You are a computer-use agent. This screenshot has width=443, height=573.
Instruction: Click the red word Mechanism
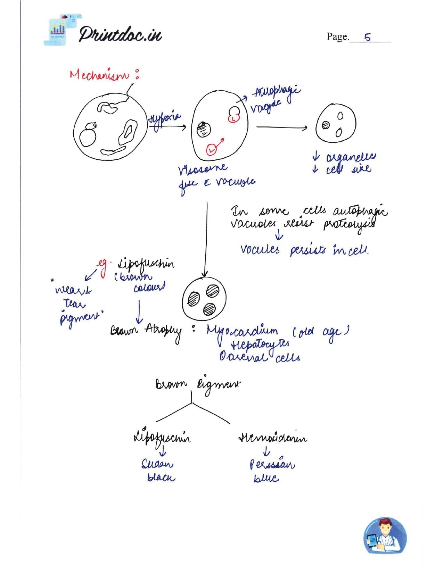[x=99, y=75]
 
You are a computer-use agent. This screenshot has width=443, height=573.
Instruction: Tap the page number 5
[x=368, y=37]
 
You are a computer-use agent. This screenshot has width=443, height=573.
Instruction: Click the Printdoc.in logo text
[x=120, y=34]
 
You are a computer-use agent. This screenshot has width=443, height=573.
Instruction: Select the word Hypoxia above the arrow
[x=164, y=120]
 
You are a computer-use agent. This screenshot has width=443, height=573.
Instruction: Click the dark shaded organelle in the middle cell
[x=204, y=130]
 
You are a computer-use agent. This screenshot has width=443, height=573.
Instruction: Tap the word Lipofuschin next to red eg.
[x=146, y=264]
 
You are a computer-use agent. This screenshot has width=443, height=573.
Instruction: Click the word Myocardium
[x=243, y=332]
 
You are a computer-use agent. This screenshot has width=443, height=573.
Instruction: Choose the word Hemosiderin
[x=273, y=438]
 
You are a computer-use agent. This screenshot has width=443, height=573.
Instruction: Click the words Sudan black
[x=159, y=471]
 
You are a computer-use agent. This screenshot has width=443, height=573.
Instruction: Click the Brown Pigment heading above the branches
[x=197, y=385]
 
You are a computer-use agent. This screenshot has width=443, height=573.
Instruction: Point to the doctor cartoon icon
[x=385, y=535]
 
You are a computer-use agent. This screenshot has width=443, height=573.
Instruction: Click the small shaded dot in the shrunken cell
[x=326, y=125]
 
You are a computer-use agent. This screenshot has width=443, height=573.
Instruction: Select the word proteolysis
[x=349, y=224]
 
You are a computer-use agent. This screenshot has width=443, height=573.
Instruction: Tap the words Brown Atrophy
[x=146, y=331]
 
